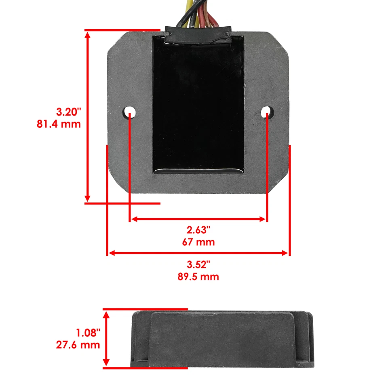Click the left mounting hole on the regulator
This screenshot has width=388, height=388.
(x=129, y=111)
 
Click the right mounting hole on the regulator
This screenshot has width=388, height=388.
(x=266, y=111)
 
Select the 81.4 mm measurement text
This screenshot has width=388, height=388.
(x=59, y=124)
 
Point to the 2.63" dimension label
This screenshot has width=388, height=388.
(x=198, y=230)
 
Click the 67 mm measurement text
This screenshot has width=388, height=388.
(x=198, y=242)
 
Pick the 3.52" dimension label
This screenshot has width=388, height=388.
(x=198, y=265)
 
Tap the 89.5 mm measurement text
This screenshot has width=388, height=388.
(x=198, y=277)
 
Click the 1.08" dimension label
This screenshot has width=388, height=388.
(x=88, y=333)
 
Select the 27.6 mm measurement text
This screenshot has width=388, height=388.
(x=78, y=345)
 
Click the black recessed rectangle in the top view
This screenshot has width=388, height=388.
(x=198, y=105)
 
